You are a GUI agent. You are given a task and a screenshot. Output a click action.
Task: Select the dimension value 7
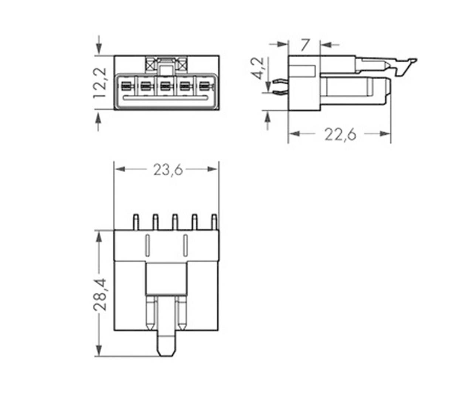click(x=304, y=45)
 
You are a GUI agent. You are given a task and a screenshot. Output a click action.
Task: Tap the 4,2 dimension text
click(x=258, y=68)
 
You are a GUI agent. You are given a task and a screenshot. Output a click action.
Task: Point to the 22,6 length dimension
click(x=340, y=134)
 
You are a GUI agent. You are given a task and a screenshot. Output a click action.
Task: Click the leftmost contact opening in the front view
click(x=126, y=86)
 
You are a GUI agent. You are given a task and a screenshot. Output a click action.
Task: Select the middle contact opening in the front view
click(x=165, y=86)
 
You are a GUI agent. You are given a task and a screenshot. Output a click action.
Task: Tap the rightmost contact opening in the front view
click(x=204, y=86)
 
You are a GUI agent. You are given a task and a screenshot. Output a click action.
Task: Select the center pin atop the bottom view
click(x=175, y=222)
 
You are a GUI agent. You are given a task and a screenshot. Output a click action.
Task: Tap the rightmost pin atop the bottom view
click(x=214, y=222)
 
